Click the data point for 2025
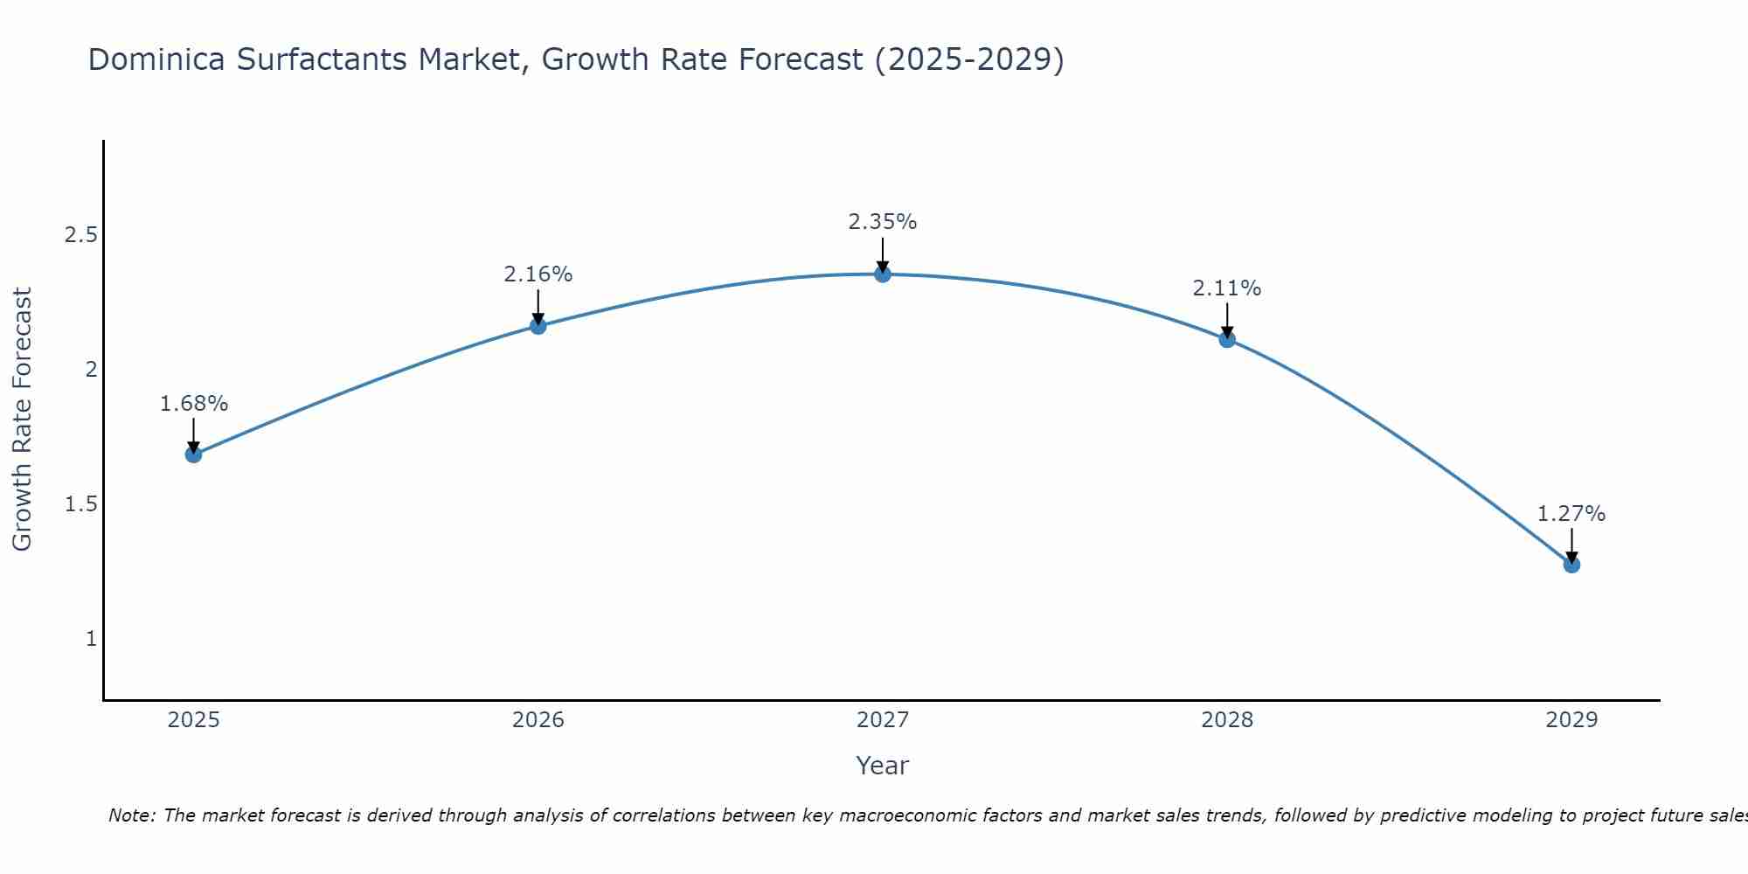point(194,454)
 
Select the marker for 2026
point(538,326)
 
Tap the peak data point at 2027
point(883,274)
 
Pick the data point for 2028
point(1227,339)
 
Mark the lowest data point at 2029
point(1571,565)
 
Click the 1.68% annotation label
point(194,404)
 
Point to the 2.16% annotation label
point(538,274)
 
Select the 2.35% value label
point(883,222)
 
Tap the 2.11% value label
point(1227,288)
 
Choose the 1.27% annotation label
point(1571,514)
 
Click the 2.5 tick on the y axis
point(80,235)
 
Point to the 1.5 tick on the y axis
point(80,504)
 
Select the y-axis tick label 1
point(91,639)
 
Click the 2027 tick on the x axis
point(883,720)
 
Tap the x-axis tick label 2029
point(1571,720)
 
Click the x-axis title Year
point(883,766)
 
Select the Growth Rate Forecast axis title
point(23,420)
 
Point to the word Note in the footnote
point(131,815)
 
